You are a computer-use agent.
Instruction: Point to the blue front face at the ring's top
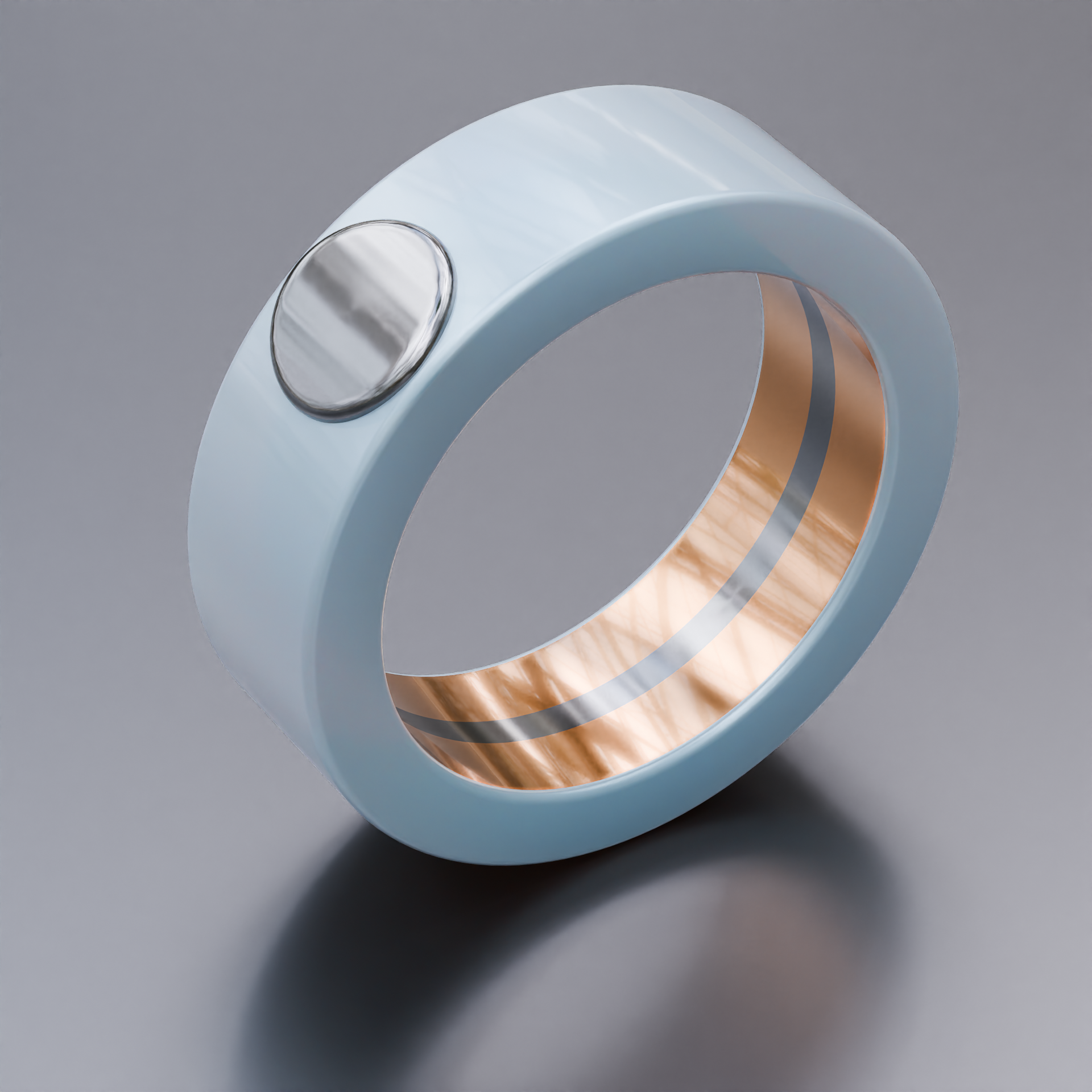[739, 233]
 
